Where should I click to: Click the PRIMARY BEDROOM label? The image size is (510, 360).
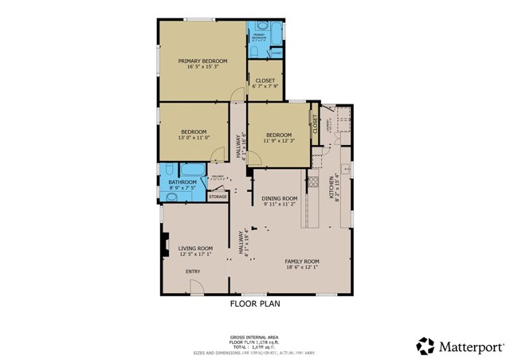pyautogui.click(x=202, y=61)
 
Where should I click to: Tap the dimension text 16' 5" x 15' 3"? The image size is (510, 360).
pyautogui.click(x=202, y=67)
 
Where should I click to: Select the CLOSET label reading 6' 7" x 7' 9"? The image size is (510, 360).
pyautogui.click(x=264, y=80)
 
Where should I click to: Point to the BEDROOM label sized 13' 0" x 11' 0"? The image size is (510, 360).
pyautogui.click(x=194, y=131)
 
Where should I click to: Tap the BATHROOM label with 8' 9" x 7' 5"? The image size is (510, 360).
pyautogui.click(x=183, y=183)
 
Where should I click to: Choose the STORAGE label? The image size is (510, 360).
pyautogui.click(x=218, y=196)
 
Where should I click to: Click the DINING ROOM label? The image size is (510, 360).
pyautogui.click(x=280, y=198)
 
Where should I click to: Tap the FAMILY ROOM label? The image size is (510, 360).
pyautogui.click(x=302, y=261)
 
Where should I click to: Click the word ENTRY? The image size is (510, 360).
pyautogui.click(x=193, y=272)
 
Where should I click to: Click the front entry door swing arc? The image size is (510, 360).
pyautogui.click(x=196, y=288)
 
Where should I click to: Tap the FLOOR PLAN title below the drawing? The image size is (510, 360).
pyautogui.click(x=255, y=303)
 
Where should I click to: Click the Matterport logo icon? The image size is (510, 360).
pyautogui.click(x=425, y=346)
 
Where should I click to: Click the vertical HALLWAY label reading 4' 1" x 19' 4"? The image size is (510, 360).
pyautogui.click(x=240, y=239)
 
